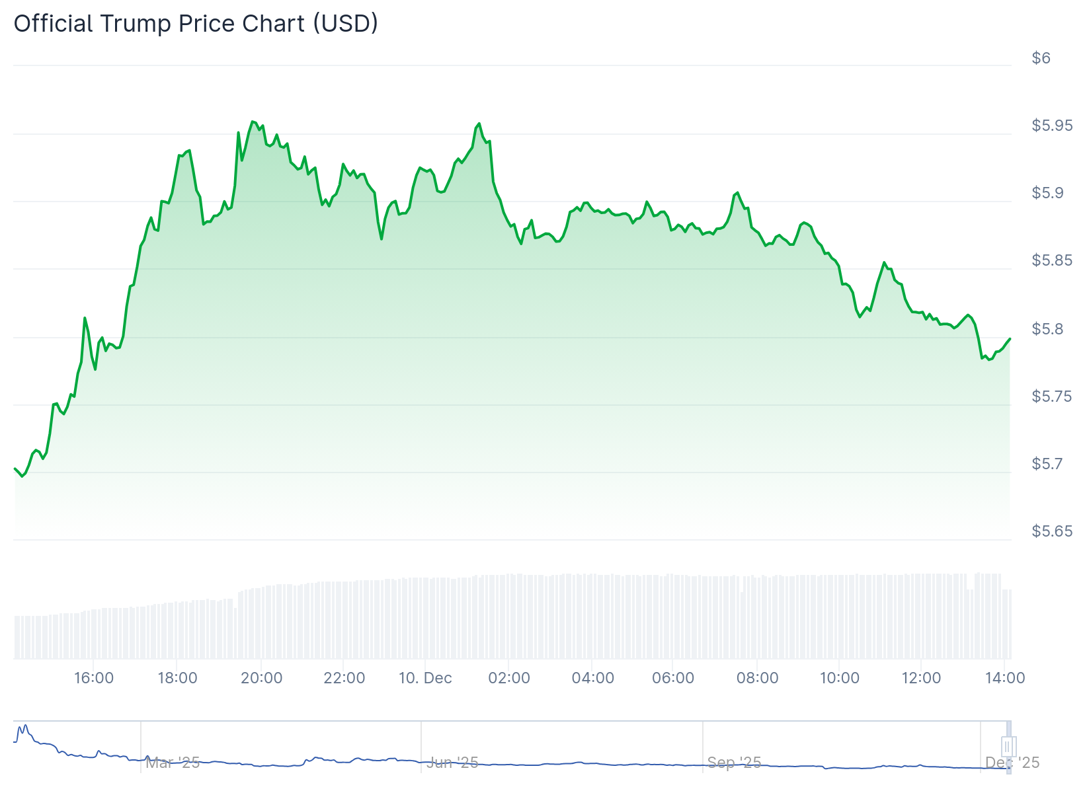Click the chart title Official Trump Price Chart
(196, 23)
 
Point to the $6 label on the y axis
(1041, 58)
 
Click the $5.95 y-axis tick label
(1052, 126)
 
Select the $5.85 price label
(1052, 260)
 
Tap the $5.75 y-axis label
(1052, 397)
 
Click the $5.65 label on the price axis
(1052, 531)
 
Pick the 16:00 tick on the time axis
(94, 678)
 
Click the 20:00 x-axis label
(261, 678)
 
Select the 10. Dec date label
(425, 678)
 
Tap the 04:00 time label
(592, 678)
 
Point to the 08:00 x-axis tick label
(757, 678)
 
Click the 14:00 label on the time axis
(1005, 678)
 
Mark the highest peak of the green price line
(252, 122)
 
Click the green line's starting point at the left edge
(15, 469)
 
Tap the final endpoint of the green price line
(1010, 339)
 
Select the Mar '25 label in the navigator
(173, 763)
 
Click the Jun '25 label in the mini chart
(452, 763)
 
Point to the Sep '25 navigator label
(734, 763)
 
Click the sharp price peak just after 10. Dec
(479, 124)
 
